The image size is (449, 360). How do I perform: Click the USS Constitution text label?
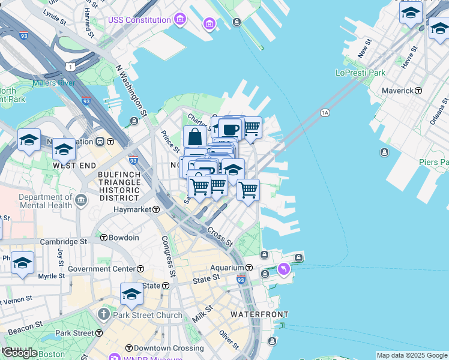[139, 20]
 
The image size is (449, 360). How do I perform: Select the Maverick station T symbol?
[418, 91]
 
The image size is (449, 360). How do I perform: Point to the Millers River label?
[54, 83]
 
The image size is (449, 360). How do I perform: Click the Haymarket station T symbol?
[155, 209]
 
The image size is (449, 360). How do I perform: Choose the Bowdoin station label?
[124, 238]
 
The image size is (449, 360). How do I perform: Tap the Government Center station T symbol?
[140, 269]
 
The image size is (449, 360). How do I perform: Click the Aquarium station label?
[226, 268]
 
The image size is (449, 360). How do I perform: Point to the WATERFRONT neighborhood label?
[259, 314]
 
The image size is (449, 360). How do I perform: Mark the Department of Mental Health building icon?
[81, 199]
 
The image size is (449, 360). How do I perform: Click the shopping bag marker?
[194, 137]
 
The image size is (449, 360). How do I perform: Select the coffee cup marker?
[230, 128]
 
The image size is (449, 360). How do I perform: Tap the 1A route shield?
[325, 112]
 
